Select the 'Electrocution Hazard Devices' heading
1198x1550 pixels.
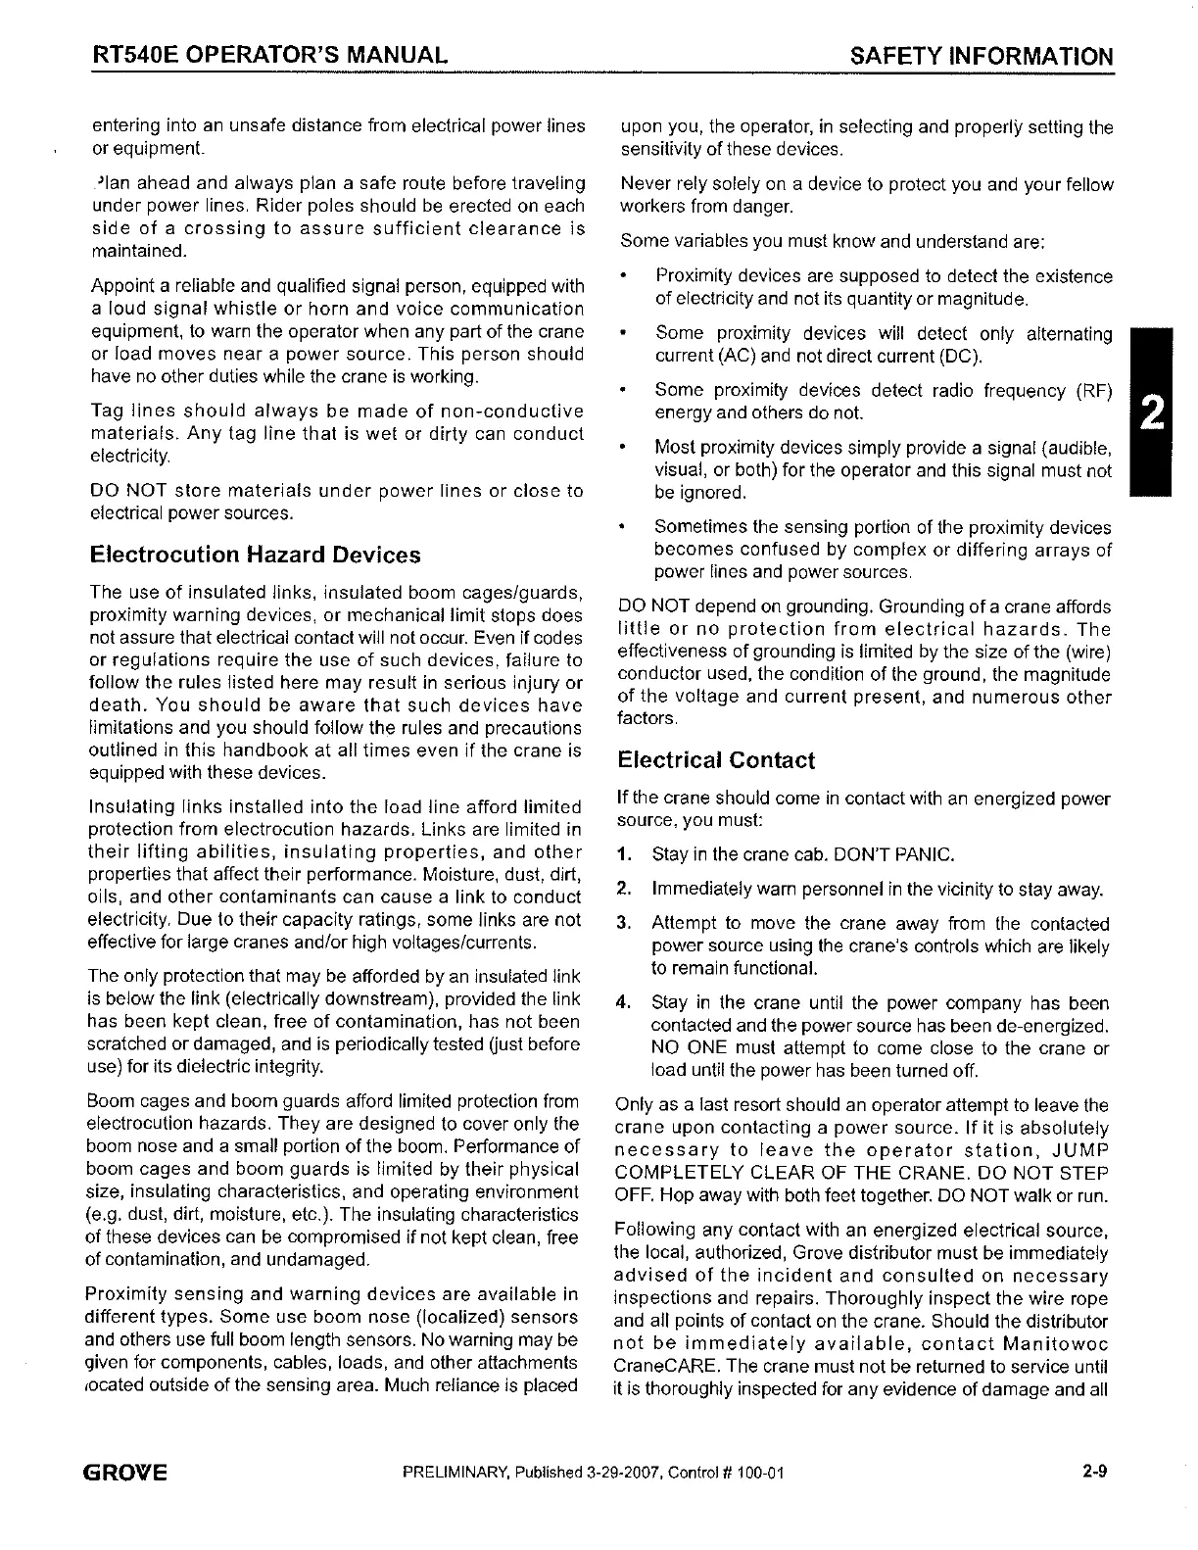click(x=255, y=556)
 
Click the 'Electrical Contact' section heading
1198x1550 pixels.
click(x=715, y=760)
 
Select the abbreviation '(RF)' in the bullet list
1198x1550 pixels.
click(x=1093, y=392)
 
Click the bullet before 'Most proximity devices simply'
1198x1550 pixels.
click(x=624, y=449)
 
